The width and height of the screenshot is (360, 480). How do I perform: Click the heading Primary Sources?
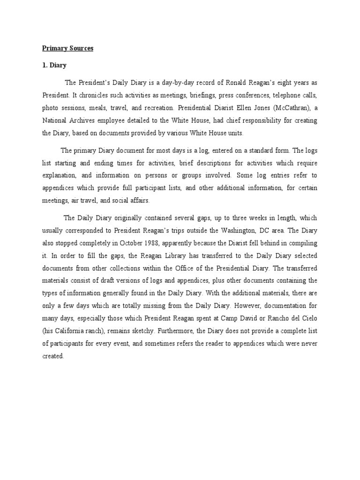pos(68,48)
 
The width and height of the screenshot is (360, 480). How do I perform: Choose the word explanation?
pos(59,176)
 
